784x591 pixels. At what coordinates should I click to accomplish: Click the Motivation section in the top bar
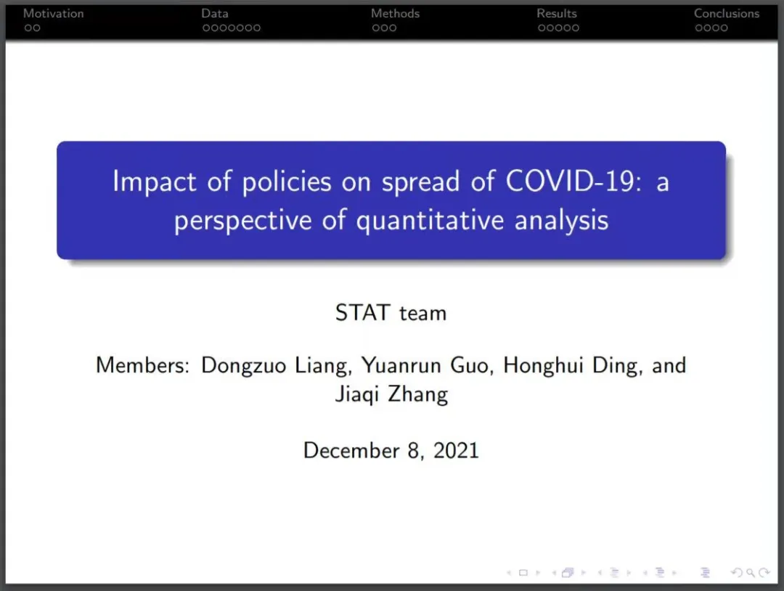tap(54, 14)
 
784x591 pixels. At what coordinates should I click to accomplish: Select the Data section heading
tap(214, 14)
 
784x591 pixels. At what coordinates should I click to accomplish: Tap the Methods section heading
tap(395, 14)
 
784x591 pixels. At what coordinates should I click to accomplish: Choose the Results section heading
tap(557, 14)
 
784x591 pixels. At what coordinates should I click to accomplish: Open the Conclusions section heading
tap(727, 14)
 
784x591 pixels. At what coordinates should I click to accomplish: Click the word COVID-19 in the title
tap(573, 181)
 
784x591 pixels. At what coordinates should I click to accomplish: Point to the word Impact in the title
tap(154, 182)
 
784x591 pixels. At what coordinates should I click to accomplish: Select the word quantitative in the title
tap(430, 221)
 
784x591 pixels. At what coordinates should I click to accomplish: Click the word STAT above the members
tap(362, 312)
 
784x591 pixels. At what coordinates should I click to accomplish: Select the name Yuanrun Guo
tap(428, 366)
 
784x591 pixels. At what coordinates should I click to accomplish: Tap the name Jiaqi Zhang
tap(391, 394)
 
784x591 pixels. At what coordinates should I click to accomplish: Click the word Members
tap(142, 365)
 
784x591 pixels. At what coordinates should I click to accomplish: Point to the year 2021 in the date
tap(456, 450)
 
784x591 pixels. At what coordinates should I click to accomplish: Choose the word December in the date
tap(351, 450)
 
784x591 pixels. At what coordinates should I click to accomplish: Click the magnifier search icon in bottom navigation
tap(750, 573)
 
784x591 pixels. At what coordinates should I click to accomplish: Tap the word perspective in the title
tap(243, 221)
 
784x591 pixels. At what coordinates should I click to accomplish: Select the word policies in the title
tap(287, 182)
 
